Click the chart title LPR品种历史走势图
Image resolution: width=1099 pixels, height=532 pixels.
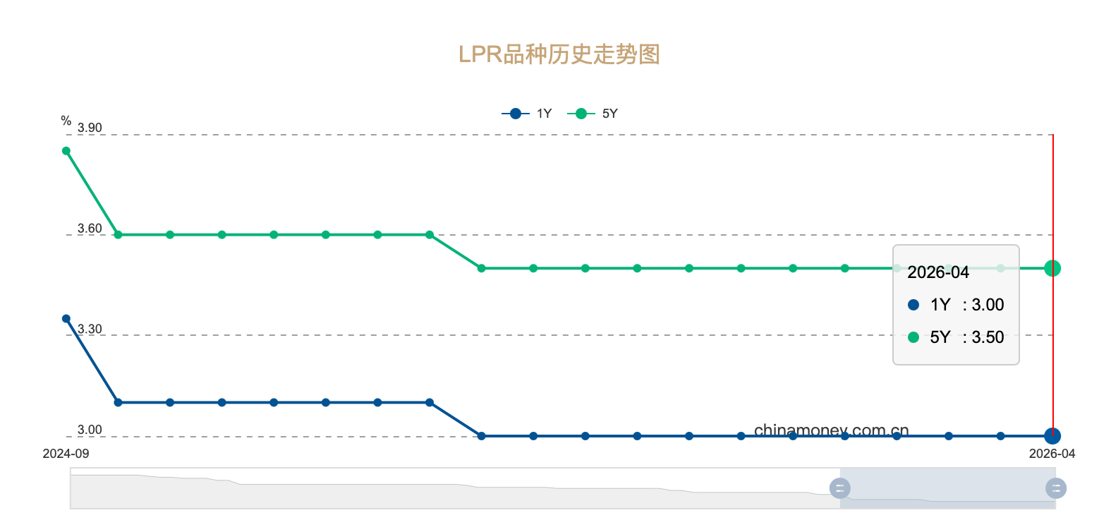coord(559,54)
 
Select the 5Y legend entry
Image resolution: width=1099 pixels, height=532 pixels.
coord(593,114)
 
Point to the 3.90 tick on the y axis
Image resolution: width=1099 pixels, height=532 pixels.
coord(90,128)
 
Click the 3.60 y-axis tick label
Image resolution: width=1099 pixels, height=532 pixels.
coord(90,229)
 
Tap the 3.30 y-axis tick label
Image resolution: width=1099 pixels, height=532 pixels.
coord(90,330)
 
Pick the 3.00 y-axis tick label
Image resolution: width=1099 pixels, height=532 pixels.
coord(90,430)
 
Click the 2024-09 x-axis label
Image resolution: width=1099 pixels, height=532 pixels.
coord(66,454)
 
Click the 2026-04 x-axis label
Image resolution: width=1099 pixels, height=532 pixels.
coord(1051,454)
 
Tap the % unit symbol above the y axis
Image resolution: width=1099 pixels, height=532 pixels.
coord(66,121)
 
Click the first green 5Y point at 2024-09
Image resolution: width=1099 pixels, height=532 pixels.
coord(66,151)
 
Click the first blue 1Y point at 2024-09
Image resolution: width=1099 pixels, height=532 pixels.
coord(66,319)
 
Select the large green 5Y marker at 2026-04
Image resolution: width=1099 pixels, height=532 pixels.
coord(1052,268)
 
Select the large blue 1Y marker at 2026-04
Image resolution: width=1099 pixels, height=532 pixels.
coord(1052,436)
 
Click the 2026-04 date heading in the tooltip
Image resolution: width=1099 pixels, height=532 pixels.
coord(938,272)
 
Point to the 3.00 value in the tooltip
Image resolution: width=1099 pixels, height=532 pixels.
coord(988,305)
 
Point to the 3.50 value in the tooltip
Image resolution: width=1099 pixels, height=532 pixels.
coord(988,337)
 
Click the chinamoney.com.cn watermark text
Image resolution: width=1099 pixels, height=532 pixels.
coord(831,430)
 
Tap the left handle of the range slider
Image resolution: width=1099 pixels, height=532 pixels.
coord(839,488)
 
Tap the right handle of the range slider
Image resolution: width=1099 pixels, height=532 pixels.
coord(1055,488)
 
